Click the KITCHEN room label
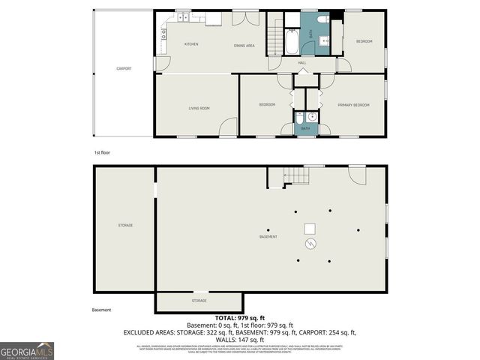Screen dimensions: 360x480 [x=191, y=44]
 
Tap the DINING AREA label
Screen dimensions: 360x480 [x=244, y=46]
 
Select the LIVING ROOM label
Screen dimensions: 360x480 [x=199, y=108]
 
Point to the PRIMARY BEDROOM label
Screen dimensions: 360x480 [x=353, y=105]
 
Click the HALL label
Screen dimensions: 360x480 [x=302, y=63]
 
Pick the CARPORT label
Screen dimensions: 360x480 [x=124, y=68]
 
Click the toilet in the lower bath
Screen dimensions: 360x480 [x=299, y=118]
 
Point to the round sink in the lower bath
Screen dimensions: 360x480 [x=310, y=118]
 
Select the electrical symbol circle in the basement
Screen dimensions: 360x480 [x=310, y=244]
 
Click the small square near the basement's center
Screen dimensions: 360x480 [x=310, y=229]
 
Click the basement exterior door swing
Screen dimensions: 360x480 [x=357, y=176]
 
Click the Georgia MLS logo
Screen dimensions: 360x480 [x=27, y=350]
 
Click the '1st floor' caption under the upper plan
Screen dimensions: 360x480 [x=102, y=152]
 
